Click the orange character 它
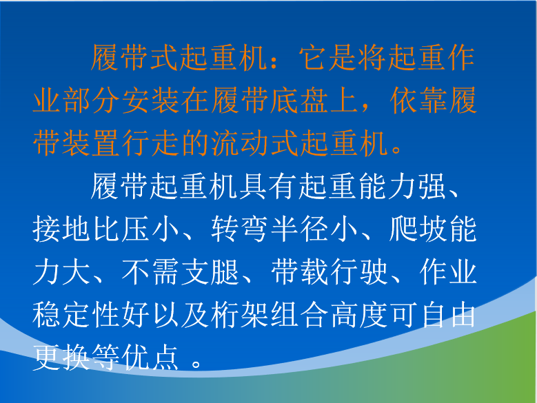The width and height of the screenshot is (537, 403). (x=313, y=57)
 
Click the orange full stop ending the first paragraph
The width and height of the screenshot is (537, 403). (x=397, y=149)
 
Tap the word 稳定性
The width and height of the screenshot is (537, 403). (x=77, y=315)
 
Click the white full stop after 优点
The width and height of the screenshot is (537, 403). (x=196, y=363)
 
